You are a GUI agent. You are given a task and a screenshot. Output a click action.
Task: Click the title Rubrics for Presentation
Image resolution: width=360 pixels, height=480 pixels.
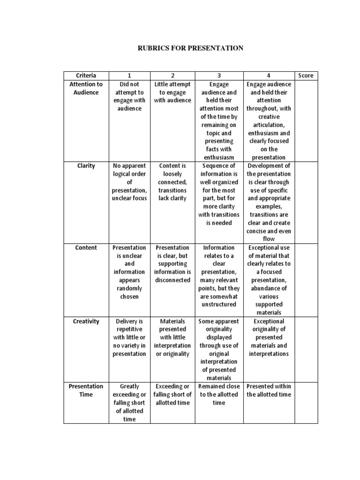point(189,48)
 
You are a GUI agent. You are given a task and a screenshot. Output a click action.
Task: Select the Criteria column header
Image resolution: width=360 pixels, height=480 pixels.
point(86,75)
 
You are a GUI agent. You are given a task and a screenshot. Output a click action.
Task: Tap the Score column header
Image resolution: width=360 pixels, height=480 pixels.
point(306,75)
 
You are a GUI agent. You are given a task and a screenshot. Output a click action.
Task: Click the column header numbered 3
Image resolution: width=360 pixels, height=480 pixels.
point(218,75)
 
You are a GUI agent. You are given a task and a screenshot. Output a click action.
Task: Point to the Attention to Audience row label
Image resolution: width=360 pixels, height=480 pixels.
point(86,88)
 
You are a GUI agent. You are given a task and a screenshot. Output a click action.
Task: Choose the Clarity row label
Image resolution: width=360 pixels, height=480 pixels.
point(86,166)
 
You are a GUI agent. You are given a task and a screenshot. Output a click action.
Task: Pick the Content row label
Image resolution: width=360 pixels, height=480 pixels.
point(86,247)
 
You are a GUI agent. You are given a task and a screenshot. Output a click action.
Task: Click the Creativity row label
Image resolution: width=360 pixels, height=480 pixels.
point(86,322)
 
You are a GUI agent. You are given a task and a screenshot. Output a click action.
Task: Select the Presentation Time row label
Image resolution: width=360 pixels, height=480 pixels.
point(86,390)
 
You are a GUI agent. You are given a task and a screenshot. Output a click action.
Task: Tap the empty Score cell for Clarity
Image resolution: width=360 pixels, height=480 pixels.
point(306,202)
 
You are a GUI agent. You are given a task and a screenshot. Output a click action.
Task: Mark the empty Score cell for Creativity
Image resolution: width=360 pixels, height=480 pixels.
point(306,349)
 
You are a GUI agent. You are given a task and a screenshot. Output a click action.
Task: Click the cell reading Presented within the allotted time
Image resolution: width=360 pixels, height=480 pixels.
point(269,390)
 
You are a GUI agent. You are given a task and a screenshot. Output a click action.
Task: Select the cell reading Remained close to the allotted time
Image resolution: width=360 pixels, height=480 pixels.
point(218,394)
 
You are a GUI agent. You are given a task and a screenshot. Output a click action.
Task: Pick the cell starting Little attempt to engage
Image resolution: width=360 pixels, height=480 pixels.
point(172,92)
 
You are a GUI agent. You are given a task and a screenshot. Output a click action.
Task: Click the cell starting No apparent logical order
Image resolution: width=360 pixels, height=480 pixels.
point(129,182)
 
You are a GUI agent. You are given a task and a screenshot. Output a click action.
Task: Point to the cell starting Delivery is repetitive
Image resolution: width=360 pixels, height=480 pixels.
point(129,337)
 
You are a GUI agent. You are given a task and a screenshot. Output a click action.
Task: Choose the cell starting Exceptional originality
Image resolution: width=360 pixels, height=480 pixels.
point(269,337)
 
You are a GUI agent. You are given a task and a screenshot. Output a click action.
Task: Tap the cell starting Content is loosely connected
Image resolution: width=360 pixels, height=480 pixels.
point(172,182)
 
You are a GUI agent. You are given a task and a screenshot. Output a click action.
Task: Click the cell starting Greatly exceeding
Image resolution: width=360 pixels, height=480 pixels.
point(129,403)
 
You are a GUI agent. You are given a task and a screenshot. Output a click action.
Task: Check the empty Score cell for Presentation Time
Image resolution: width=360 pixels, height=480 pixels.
point(306,403)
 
